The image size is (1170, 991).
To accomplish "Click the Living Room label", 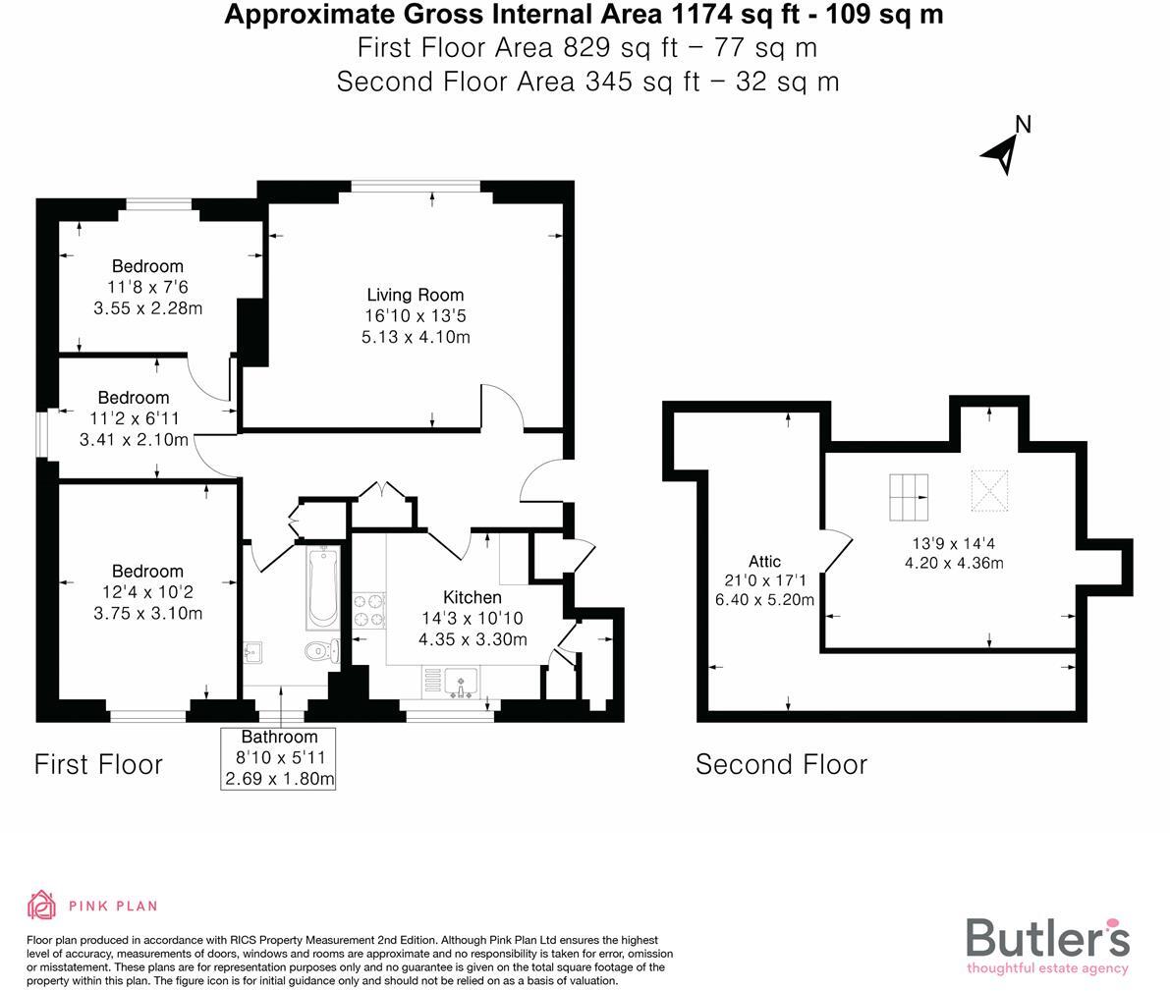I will [415, 295].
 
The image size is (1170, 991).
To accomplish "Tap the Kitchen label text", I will [472, 597].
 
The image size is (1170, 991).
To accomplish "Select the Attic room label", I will [764, 562].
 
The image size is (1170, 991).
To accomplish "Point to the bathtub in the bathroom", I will [321, 587].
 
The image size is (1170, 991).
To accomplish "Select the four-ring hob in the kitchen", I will [368, 610].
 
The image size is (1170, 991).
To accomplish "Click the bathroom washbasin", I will [251, 649].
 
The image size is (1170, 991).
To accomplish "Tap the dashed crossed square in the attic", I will [988, 490].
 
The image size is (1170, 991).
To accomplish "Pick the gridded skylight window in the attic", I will [909, 497].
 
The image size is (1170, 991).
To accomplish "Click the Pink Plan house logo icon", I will [41, 905].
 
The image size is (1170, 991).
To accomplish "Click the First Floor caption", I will [98, 764].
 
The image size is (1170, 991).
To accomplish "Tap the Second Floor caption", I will [781, 764].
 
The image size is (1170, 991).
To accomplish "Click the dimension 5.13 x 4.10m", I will [415, 337].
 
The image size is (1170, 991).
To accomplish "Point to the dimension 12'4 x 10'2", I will [147, 592].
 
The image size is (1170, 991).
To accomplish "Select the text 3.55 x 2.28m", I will [147, 307].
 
